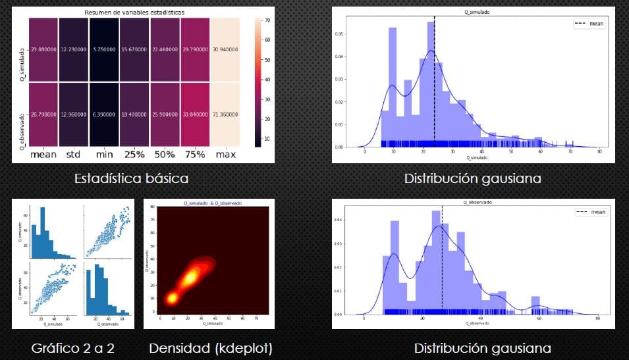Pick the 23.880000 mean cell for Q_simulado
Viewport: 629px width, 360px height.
pyautogui.click(x=42, y=49)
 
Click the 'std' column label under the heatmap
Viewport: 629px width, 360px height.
pyautogui.click(x=73, y=155)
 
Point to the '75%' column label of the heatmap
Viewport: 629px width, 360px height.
pyautogui.click(x=196, y=155)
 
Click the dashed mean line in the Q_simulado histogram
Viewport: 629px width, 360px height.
pyautogui.click(x=435, y=79)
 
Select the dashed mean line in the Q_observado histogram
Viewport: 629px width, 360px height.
pyautogui.click(x=442, y=263)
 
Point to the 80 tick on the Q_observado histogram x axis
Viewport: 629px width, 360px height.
pyautogui.click(x=597, y=319)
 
